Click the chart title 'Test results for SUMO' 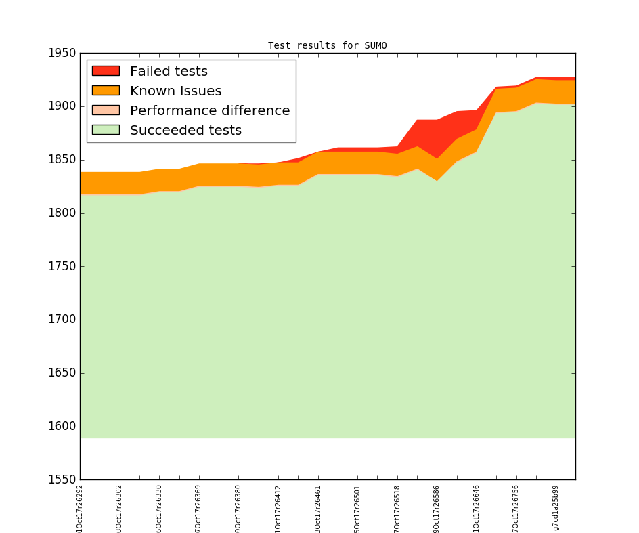coord(327,46)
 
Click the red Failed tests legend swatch coord(106,71)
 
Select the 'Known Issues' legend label coord(175,91)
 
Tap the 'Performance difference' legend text coord(210,110)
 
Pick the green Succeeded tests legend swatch coord(106,130)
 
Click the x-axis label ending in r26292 coord(80,507)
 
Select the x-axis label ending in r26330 coord(159,507)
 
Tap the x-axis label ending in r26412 coord(278,507)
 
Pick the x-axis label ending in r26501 coord(358,507)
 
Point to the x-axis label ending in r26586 coord(437,507)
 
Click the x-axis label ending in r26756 coord(516,507)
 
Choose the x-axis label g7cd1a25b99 coord(556,507)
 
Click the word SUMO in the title coord(376,46)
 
